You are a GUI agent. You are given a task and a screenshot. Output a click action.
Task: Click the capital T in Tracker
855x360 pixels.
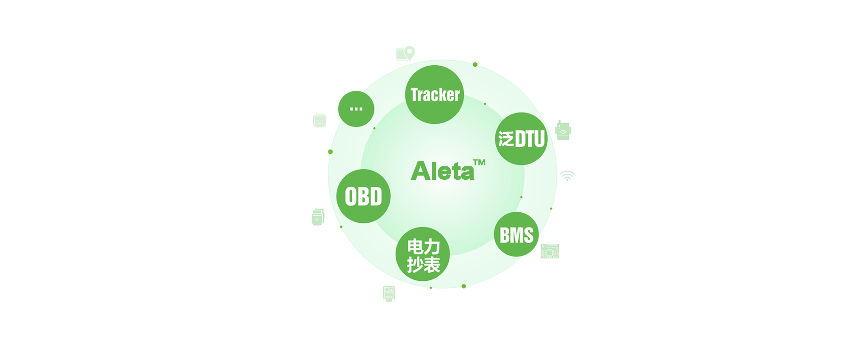click(415, 95)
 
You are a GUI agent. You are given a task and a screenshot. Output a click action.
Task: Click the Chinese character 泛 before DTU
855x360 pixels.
click(506, 139)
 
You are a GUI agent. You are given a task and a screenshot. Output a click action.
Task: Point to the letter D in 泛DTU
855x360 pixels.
click(520, 139)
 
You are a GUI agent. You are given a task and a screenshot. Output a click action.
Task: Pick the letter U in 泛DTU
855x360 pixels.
click(538, 139)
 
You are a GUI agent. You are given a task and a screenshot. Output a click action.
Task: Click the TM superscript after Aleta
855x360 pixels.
click(479, 163)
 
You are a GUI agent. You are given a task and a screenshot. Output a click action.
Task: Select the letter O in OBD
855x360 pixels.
click(351, 197)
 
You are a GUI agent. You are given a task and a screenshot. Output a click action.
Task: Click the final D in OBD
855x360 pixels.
click(376, 197)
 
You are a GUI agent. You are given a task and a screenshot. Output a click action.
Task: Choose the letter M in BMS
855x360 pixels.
click(516, 235)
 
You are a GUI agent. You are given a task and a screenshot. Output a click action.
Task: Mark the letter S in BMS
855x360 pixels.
click(528, 235)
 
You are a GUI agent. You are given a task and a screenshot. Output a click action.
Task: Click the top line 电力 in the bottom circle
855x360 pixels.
click(423, 246)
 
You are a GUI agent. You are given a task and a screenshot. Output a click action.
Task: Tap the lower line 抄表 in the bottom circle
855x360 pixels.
click(423, 265)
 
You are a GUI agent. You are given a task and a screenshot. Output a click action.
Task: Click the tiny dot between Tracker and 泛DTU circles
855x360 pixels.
click(485, 104)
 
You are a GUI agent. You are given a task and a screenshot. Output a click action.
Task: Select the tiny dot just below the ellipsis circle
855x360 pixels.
click(374, 128)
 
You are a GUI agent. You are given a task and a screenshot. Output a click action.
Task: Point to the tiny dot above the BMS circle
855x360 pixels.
click(521, 197)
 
